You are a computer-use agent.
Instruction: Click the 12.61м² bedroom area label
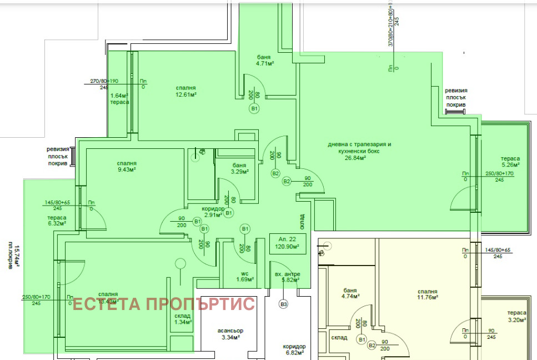click(185, 94)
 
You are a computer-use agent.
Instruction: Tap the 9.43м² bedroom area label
click(127, 169)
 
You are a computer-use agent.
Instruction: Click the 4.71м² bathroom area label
click(264, 63)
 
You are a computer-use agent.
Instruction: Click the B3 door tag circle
click(284, 304)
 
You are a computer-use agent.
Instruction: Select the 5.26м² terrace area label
click(510, 164)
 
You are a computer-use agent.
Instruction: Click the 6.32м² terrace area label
click(57, 224)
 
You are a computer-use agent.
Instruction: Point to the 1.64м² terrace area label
click(119, 94)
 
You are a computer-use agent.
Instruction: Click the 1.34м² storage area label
click(182, 322)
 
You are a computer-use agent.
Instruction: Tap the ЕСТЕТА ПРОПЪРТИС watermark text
click(163, 304)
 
